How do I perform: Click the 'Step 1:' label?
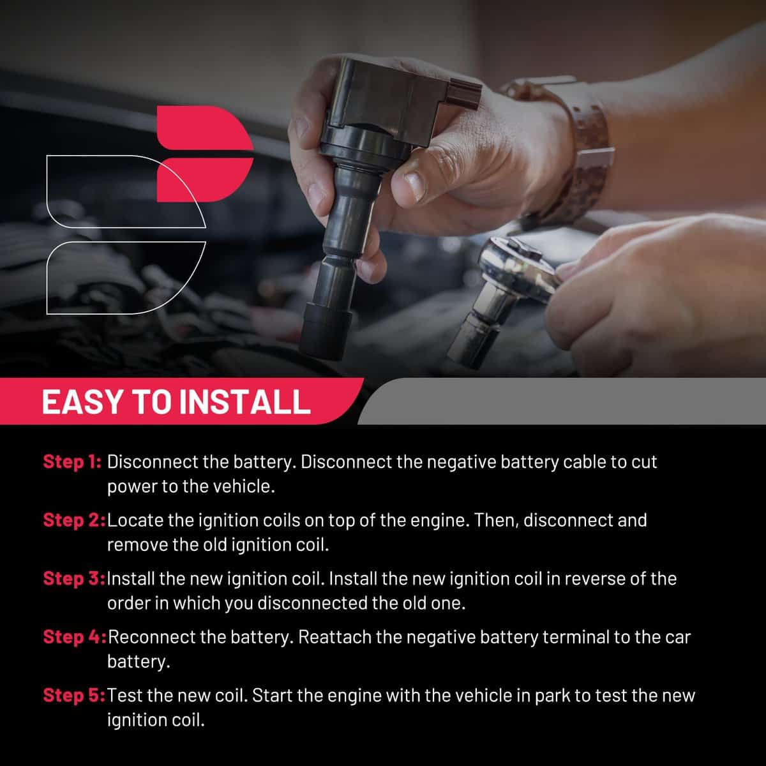(72, 462)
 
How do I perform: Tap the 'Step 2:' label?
(74, 520)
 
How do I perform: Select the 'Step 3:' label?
(74, 579)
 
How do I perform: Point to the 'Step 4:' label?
(75, 637)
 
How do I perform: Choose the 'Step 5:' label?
(74, 696)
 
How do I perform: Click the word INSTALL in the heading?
(245, 402)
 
